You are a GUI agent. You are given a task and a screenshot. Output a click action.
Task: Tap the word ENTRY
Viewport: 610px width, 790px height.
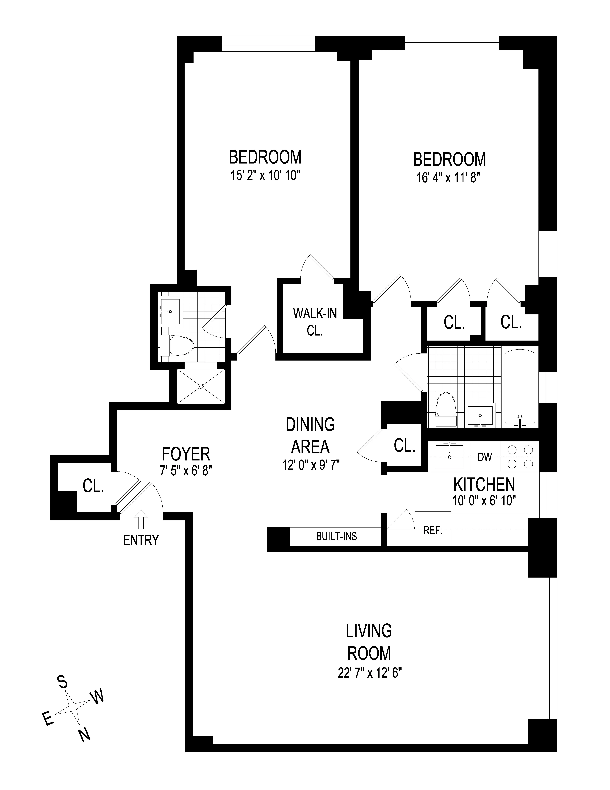(x=141, y=540)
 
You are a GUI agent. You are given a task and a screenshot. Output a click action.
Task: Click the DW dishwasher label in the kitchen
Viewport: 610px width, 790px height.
(x=485, y=457)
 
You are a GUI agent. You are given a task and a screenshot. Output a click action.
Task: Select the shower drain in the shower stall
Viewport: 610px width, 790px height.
(x=201, y=386)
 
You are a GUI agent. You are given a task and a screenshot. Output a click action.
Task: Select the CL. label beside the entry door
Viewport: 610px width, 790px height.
(x=93, y=487)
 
